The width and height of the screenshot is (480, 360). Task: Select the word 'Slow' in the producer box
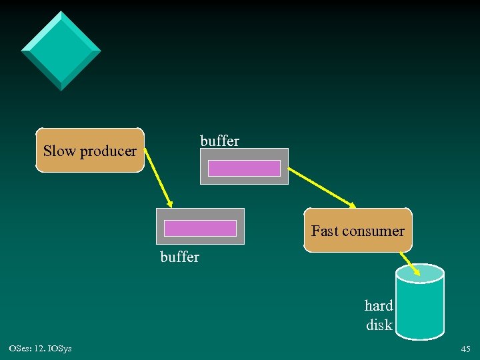click(59, 151)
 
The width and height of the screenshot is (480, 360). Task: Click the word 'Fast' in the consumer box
click(325, 231)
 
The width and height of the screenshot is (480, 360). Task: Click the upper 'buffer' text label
click(219, 141)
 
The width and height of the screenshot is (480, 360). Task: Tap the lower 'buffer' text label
click(180, 257)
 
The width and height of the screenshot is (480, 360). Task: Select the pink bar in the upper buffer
click(244, 168)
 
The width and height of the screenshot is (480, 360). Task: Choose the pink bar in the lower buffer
click(200, 228)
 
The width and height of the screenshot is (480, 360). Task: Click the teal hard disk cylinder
click(420, 307)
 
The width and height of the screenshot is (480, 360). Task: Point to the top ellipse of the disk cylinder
click(420, 272)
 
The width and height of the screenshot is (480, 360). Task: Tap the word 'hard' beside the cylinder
click(379, 306)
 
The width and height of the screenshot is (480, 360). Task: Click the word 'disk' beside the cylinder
click(379, 325)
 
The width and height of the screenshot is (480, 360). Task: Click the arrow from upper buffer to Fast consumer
click(323, 187)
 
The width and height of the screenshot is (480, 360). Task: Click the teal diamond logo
click(61, 51)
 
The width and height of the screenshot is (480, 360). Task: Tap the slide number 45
click(465, 349)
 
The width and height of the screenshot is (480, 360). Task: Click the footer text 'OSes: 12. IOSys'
click(41, 349)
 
